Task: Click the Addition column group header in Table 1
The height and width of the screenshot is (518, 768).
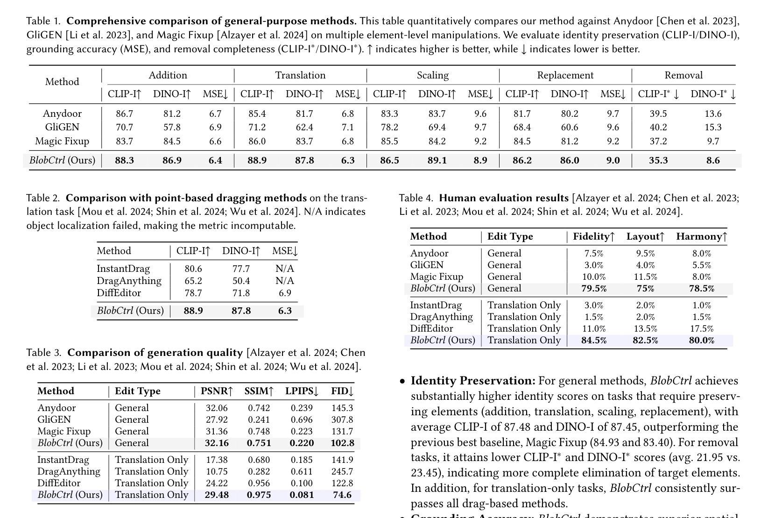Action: tap(168, 75)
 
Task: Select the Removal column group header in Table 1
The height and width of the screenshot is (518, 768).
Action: tap(683, 75)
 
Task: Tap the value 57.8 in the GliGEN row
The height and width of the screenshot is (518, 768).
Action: tap(172, 127)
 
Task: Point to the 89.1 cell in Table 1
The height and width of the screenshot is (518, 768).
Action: tap(437, 160)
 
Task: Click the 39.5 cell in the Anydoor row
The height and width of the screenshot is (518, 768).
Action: tap(658, 114)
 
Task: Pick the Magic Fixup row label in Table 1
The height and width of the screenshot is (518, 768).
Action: tap(62, 141)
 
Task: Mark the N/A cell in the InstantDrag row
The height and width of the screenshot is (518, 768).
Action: tap(285, 269)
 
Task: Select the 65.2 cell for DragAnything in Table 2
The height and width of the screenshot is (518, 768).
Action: tap(193, 281)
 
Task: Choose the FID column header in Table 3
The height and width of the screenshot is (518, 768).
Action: tap(342, 391)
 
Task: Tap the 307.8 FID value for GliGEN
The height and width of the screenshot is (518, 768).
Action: tap(342, 419)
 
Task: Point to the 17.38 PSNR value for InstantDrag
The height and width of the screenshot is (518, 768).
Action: tap(217, 460)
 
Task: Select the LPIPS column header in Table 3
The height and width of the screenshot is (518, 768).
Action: tap(302, 391)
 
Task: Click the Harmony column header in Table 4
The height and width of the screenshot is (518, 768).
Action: tap(701, 236)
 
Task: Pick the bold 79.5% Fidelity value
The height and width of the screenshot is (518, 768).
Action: tap(594, 288)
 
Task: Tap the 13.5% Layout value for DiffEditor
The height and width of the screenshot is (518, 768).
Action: tap(645, 328)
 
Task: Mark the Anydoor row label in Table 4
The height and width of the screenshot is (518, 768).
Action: tap(429, 253)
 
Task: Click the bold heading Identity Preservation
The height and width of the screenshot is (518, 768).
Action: tap(473, 381)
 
